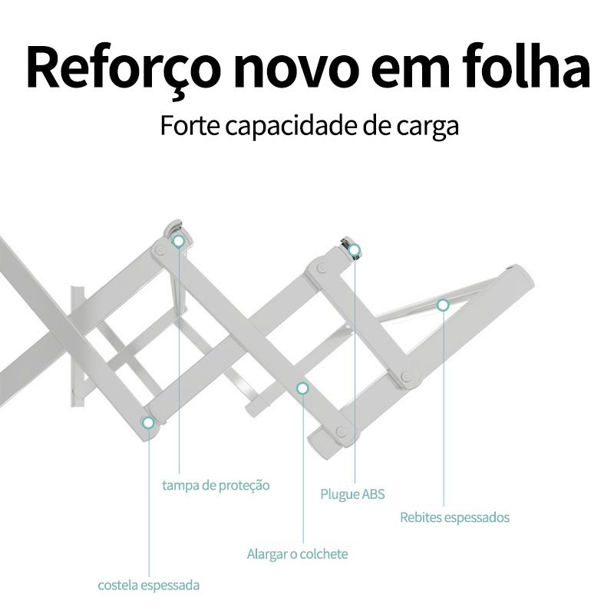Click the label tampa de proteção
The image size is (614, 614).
click(216, 486)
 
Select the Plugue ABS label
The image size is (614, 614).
click(352, 494)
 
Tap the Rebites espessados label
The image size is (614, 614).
click(454, 517)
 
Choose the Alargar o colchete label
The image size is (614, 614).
click(297, 553)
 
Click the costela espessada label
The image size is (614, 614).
click(149, 585)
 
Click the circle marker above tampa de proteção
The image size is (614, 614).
click(179, 241)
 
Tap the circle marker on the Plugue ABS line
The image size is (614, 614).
click(355, 249)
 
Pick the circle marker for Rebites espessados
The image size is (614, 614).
click(443, 305)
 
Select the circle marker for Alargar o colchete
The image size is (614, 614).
click(302, 389)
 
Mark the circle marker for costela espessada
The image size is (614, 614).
click(147, 421)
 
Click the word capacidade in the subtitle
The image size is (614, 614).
click(287, 126)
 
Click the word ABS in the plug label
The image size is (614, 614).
click(373, 494)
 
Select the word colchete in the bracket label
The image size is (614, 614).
click(324, 553)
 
